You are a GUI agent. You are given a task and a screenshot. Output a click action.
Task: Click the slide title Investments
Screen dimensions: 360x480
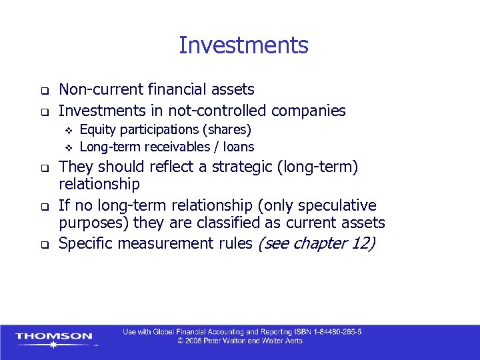click(x=243, y=45)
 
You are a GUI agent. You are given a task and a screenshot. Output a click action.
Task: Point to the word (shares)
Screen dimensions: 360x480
click(x=227, y=129)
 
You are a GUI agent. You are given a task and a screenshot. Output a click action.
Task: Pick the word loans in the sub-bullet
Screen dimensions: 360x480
click(x=238, y=147)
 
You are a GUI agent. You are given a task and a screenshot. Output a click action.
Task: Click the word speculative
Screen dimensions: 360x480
click(x=336, y=205)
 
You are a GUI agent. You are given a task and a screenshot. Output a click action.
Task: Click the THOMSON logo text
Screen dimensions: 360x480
click(x=53, y=337)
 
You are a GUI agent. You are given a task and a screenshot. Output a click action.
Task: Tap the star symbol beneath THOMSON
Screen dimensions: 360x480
click(x=53, y=345)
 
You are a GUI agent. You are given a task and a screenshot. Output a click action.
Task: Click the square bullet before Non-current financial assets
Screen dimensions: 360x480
click(x=44, y=90)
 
